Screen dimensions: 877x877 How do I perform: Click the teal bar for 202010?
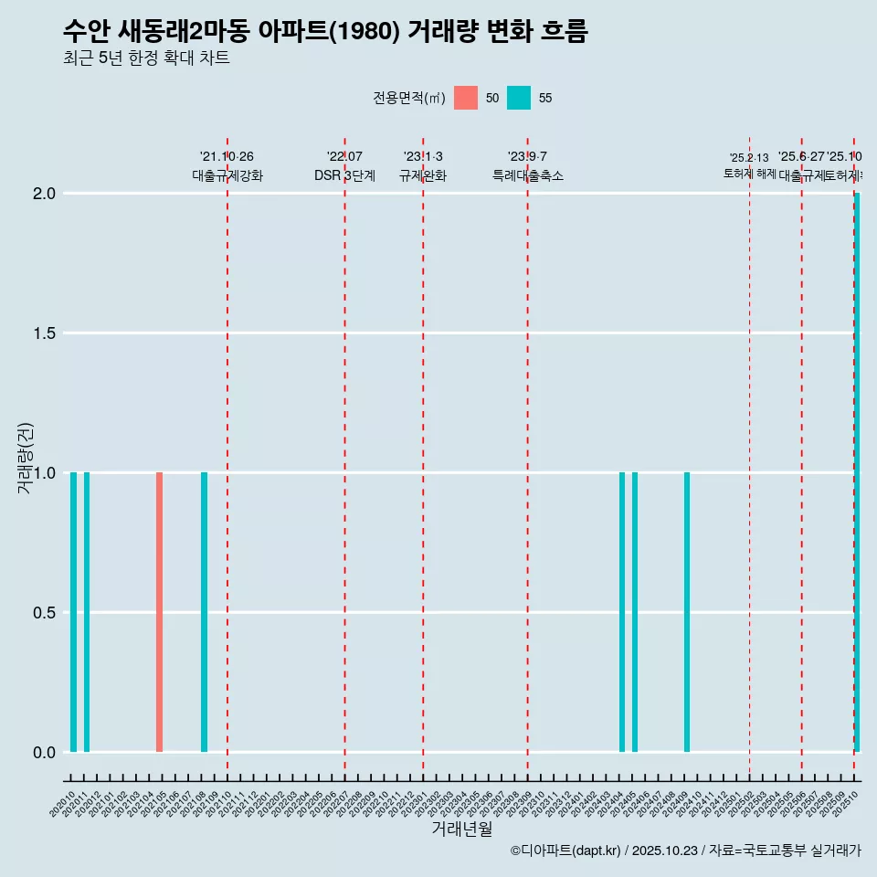73,612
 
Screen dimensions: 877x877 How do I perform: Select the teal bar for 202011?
87,612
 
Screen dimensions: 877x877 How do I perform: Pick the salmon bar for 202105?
159,612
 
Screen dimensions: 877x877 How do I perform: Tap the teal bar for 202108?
204,612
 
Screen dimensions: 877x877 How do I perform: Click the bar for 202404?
622,612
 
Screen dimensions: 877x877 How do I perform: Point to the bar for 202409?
687,612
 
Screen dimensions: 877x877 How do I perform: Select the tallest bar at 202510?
857,472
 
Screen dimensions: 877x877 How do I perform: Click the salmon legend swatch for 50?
466,98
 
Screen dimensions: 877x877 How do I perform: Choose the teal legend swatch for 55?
519,98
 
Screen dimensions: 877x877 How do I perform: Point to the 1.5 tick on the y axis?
44,333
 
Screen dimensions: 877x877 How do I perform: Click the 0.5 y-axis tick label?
44,613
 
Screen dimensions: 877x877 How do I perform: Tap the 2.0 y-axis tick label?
44,194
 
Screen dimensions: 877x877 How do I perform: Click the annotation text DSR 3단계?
344,176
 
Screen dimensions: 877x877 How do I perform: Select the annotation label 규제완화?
423,176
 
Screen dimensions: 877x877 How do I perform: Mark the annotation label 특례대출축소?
527,176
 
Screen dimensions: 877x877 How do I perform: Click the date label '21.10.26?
227,157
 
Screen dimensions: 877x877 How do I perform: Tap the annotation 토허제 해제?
749,173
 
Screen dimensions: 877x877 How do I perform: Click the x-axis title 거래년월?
461,829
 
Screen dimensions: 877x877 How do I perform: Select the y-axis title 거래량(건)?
26,459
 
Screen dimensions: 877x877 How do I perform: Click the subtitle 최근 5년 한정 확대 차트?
146,58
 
